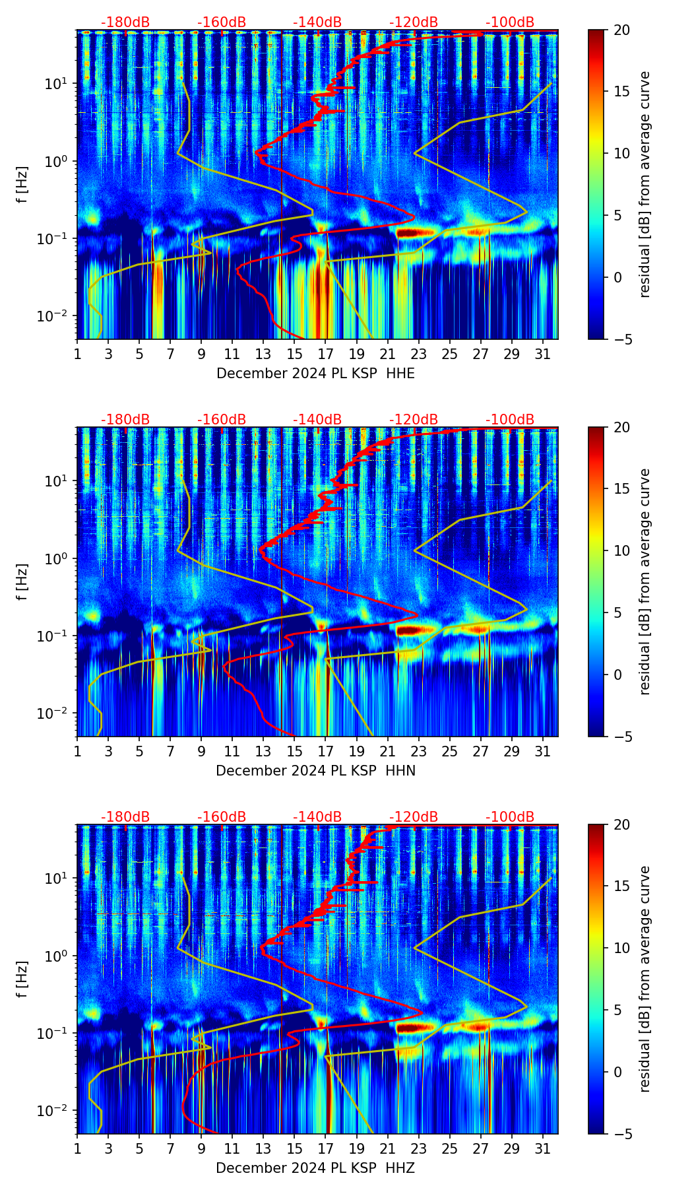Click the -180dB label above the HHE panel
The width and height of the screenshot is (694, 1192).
125,22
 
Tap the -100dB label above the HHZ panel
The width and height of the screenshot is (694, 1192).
510,817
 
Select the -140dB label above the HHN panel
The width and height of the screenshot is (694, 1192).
317,420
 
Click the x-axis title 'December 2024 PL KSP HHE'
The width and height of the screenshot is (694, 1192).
315,374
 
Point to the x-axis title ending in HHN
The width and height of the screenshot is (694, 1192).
315,771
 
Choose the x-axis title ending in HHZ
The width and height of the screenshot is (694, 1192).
315,1168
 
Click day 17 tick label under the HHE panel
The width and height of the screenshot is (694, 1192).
326,354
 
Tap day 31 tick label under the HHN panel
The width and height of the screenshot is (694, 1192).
543,751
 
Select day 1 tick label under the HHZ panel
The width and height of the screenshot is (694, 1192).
78,1148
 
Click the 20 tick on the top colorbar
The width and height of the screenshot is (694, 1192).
621,30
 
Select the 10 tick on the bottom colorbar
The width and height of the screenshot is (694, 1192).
621,948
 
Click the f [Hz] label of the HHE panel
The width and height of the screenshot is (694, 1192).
22,185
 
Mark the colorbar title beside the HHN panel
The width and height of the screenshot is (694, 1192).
645,581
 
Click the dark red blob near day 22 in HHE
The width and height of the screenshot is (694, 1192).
416,232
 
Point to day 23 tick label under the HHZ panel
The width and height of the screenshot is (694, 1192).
419,1148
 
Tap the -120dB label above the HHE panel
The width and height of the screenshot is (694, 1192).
414,22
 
